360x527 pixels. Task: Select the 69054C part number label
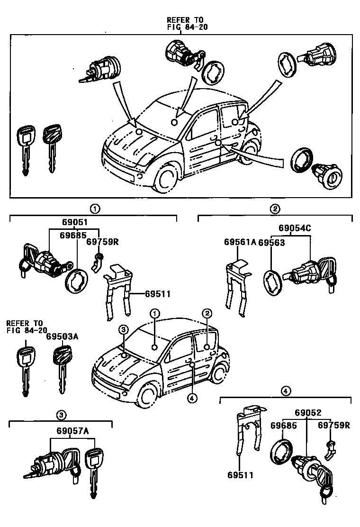point(294,228)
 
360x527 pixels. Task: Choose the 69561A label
point(240,243)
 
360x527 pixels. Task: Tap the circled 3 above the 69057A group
point(61,415)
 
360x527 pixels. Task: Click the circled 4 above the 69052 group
point(285,391)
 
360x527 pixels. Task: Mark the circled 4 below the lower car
point(191,398)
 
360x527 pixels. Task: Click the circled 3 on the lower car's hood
point(123,329)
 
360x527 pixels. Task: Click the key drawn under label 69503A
point(60,367)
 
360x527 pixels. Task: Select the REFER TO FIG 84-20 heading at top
point(185,23)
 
